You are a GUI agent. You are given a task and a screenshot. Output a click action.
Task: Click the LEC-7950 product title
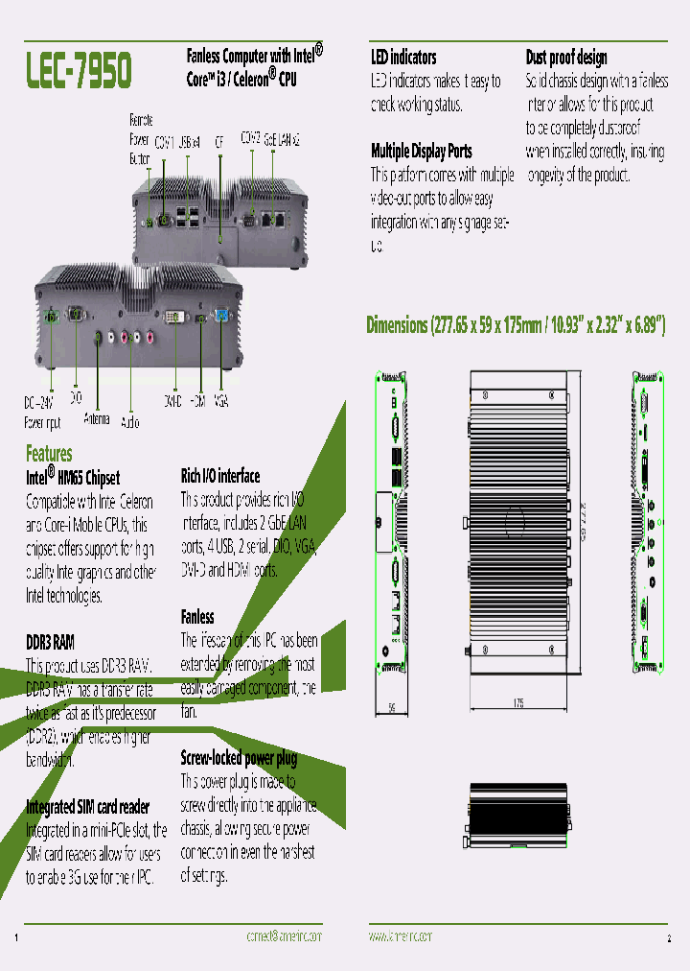tap(79, 70)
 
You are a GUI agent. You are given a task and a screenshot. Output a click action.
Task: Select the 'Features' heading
tap(49, 453)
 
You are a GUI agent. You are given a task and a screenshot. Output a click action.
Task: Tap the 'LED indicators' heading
tap(403, 58)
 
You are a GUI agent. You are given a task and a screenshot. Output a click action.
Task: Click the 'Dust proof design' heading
tap(566, 58)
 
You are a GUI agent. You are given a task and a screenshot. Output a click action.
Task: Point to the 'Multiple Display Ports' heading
tap(421, 151)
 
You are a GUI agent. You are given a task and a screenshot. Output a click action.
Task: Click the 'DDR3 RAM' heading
tap(50, 641)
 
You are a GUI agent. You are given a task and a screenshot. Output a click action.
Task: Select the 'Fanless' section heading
tap(197, 616)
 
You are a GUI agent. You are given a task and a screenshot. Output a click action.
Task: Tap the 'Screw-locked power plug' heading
tap(239, 758)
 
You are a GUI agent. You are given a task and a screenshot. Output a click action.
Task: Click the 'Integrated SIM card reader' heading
tap(87, 807)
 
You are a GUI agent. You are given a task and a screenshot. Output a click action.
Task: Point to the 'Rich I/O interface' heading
tap(220, 476)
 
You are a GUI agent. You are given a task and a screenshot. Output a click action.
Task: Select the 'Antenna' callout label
tap(97, 419)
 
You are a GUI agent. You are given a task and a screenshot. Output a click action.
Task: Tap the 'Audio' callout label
tap(130, 420)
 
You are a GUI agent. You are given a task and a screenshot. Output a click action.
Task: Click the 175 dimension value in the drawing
tap(517, 703)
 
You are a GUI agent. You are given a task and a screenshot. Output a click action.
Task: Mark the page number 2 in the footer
tap(669, 936)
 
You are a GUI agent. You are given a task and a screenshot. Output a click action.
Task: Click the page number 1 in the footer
tap(18, 936)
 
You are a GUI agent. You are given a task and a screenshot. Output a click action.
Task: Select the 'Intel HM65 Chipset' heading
tap(73, 476)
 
